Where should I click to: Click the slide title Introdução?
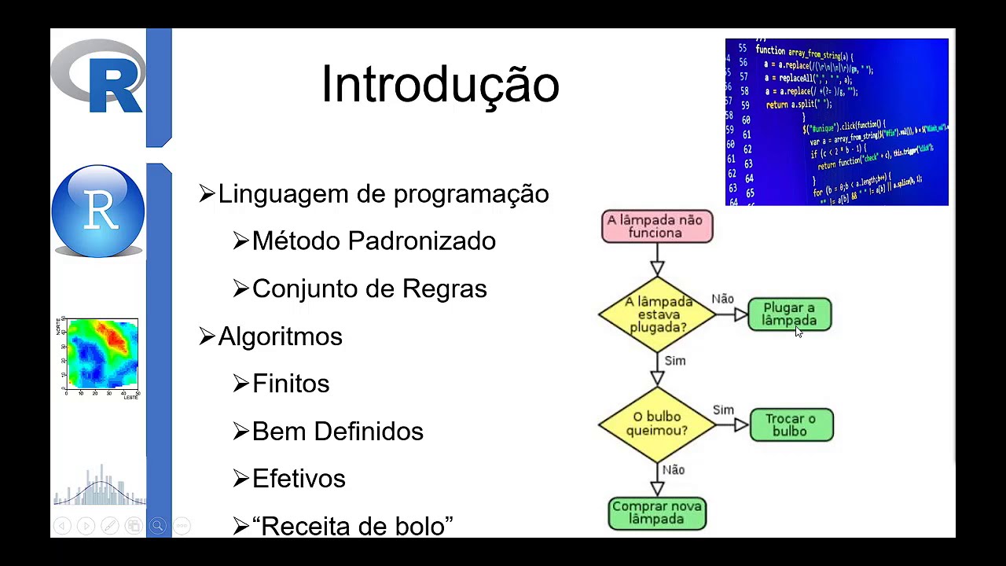[x=440, y=85]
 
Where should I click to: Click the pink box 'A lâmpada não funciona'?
[x=656, y=226]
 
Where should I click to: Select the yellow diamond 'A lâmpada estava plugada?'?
[x=657, y=314]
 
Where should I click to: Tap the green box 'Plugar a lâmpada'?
[x=789, y=314]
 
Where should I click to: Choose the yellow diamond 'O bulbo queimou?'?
[x=657, y=424]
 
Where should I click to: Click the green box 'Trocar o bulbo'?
[x=791, y=424]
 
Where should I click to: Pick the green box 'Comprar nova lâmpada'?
[x=657, y=513]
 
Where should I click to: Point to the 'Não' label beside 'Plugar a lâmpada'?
[x=722, y=299]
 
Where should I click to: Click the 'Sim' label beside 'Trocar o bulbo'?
[x=723, y=410]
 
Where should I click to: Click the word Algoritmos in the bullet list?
[x=280, y=336]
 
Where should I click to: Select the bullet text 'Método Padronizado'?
[x=373, y=241]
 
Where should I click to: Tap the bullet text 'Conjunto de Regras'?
[x=369, y=289]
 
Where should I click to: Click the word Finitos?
[x=291, y=384]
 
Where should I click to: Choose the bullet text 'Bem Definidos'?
[x=337, y=432]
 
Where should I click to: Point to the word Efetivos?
[x=299, y=479]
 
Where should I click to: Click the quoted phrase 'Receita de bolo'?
[x=352, y=526]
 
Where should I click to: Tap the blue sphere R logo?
[x=98, y=211]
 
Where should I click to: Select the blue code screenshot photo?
[x=836, y=122]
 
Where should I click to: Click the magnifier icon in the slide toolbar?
[x=157, y=526]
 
